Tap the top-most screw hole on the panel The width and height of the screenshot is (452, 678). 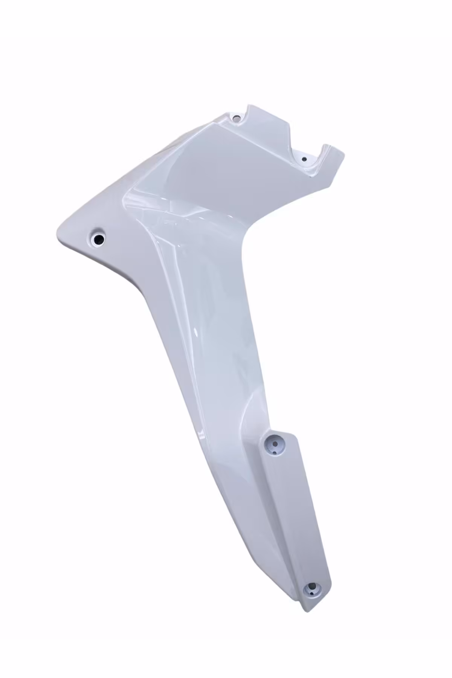pyautogui.click(x=237, y=118)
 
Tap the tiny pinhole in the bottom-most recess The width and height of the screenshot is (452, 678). pyautogui.click(x=311, y=602)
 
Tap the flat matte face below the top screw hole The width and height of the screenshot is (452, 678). pyautogui.click(x=226, y=158)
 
